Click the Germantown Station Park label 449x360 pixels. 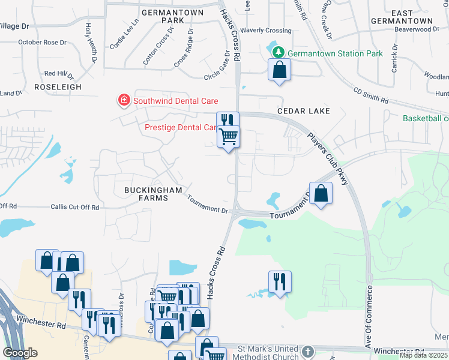point(335,53)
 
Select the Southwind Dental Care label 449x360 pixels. point(175,101)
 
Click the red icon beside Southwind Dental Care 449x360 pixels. point(124,100)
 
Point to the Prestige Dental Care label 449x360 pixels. point(181,127)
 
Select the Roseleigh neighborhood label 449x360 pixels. point(58,87)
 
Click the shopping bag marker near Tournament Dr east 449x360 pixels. point(321,193)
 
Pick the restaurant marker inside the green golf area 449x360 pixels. point(280,281)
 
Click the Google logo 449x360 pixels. point(20,353)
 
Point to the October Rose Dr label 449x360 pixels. point(42,42)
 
